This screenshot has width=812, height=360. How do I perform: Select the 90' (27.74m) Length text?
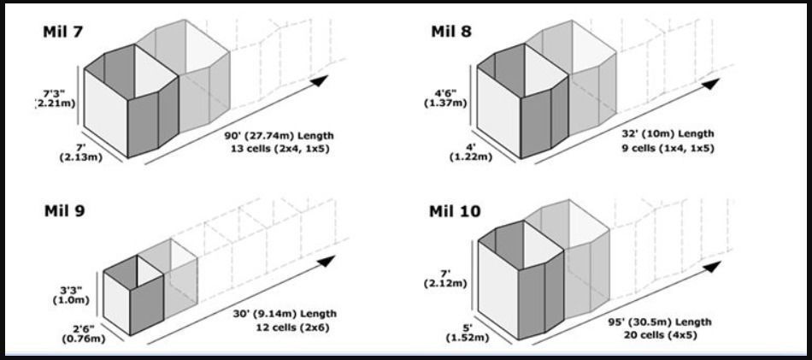279,136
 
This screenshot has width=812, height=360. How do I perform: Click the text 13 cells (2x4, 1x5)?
279,150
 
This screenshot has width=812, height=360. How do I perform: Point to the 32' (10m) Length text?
668,133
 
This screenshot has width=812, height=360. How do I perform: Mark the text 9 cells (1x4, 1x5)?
668,148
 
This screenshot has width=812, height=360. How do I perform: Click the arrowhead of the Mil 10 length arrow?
711,268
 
